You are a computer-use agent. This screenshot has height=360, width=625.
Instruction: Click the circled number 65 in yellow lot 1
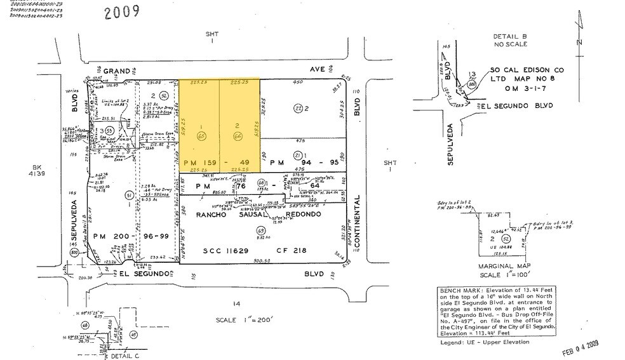click(x=201, y=136)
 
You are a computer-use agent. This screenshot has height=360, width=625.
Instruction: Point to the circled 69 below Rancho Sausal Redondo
click(x=260, y=230)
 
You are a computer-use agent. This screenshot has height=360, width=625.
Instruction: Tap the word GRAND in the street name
click(x=117, y=70)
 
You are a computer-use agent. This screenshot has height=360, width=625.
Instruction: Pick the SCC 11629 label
click(x=229, y=251)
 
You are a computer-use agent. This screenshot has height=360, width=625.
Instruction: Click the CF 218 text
click(x=290, y=251)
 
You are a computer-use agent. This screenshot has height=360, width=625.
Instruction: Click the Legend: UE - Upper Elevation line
click(x=483, y=342)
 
